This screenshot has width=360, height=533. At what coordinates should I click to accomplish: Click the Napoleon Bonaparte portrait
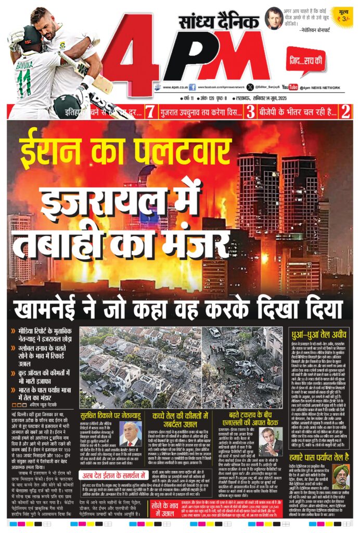[x=274, y=18]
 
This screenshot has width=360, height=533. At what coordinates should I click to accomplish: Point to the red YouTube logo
[x=290, y=87]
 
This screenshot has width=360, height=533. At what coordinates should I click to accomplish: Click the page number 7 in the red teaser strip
[x=150, y=111]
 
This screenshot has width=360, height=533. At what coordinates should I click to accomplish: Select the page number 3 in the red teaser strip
[x=250, y=111]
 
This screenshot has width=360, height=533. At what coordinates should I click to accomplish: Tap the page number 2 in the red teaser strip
[x=344, y=111]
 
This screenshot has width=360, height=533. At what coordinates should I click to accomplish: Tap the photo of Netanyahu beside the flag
[x=130, y=434]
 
